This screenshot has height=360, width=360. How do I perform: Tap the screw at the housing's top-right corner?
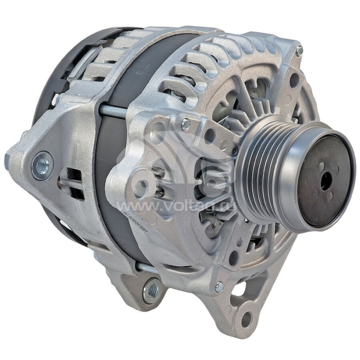299,51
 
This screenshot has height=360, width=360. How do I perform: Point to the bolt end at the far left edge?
8,159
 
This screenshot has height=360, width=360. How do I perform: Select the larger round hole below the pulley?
234,258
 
